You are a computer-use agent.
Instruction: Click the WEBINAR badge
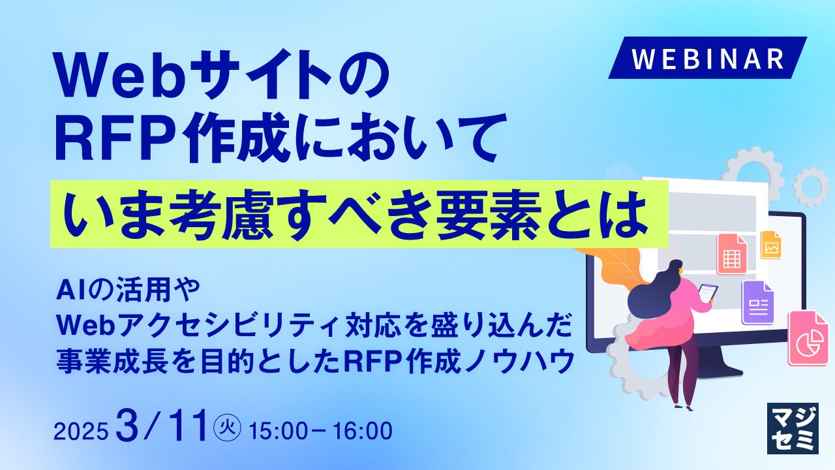(708, 58)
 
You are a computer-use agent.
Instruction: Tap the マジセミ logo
(793, 428)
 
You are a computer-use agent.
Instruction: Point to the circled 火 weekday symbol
(227, 430)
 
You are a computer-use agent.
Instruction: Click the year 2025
(81, 431)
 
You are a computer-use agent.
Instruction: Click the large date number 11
(189, 425)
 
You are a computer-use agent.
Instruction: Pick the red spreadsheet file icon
(731, 255)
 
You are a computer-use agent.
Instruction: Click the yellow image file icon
(770, 245)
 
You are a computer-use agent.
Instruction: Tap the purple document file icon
(758, 302)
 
